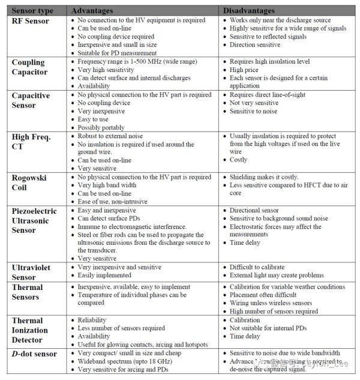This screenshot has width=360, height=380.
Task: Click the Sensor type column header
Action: (32, 11)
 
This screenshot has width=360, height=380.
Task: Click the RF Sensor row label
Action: (31, 21)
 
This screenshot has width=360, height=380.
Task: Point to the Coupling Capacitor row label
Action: (29, 67)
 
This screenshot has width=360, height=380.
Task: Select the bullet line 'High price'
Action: (245, 70)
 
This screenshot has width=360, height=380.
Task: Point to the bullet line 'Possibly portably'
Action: (101, 128)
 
